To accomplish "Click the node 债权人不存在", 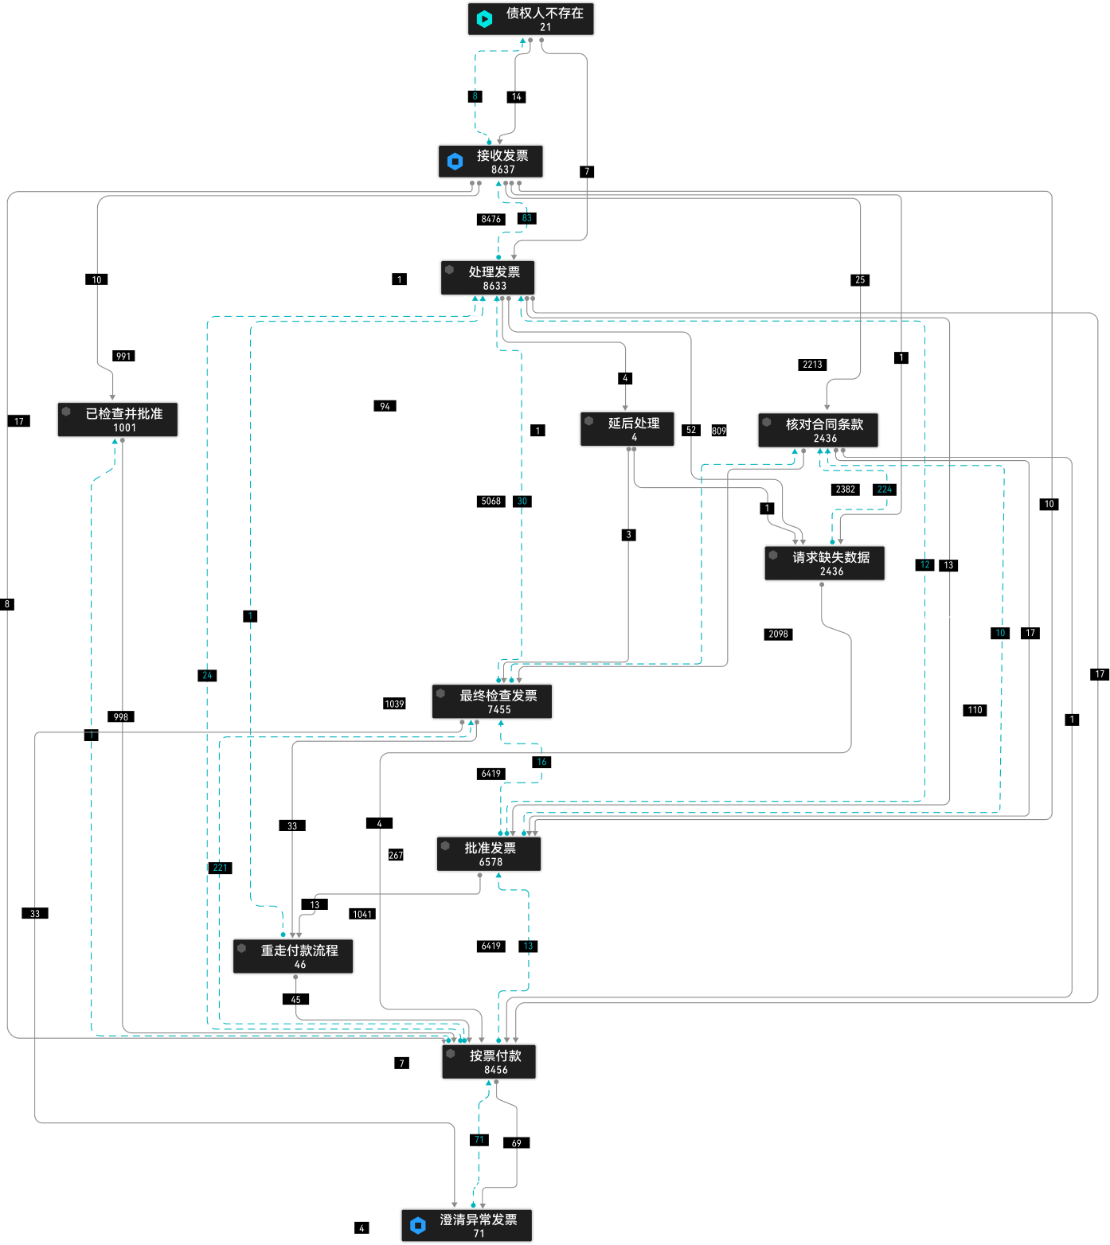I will [530, 18].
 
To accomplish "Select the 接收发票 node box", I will [491, 162].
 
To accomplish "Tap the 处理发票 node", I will [487, 278].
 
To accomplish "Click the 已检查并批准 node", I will [118, 420].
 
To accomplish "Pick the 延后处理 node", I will [627, 429].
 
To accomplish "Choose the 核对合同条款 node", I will [818, 430].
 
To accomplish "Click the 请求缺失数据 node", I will [824, 563].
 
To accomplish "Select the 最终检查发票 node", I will [492, 701].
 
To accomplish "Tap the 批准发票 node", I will [489, 854].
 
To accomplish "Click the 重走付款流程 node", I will [293, 956].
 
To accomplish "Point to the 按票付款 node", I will [489, 1062].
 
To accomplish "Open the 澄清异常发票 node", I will [467, 1225].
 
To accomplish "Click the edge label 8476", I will [491, 219].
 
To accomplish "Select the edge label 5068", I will [491, 501].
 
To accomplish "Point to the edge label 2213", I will [812, 365].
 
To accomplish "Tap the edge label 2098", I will [778, 634].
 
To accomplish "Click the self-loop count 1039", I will [394, 704].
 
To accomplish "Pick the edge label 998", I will [121, 717].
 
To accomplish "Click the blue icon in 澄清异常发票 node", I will [418, 1225].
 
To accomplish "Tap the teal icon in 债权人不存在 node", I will [484, 18].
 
